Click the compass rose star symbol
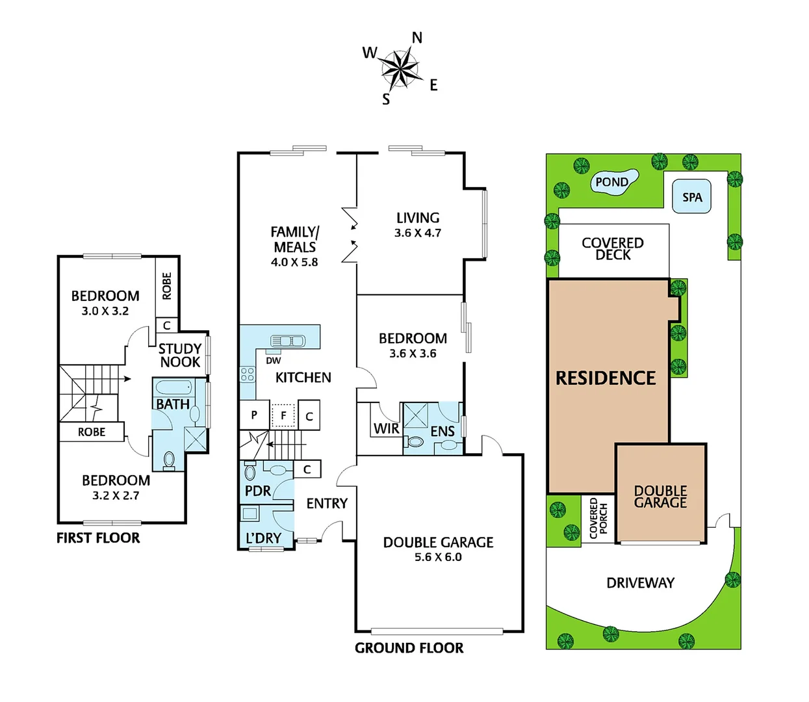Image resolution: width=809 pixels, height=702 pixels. click(x=399, y=67)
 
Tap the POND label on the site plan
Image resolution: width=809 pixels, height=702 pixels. click(x=612, y=182)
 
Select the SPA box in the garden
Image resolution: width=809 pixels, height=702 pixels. click(x=691, y=197)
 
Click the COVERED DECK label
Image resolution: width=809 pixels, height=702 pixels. click(x=613, y=249)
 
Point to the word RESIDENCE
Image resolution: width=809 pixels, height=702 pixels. click(x=606, y=378)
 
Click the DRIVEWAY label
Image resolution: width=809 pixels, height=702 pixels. click(x=640, y=583)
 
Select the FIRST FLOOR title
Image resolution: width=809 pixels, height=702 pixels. click(x=98, y=538)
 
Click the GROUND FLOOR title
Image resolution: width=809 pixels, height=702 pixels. click(x=409, y=648)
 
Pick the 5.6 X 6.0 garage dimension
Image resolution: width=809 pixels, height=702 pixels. click(x=438, y=557)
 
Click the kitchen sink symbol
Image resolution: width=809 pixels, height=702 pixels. click(x=288, y=341)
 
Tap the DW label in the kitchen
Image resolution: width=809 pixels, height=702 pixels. click(x=274, y=361)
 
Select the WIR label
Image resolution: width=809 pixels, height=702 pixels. click(x=386, y=429)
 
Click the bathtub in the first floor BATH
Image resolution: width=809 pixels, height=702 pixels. click(x=173, y=388)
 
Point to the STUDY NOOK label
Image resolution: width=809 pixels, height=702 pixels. click(x=180, y=356)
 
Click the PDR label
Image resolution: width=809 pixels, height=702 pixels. click(x=258, y=491)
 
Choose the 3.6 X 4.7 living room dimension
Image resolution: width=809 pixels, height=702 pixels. click(x=418, y=233)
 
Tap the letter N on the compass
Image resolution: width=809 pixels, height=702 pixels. click(x=417, y=38)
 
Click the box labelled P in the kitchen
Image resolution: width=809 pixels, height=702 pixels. click(x=254, y=415)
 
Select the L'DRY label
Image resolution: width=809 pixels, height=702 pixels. click(x=263, y=538)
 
